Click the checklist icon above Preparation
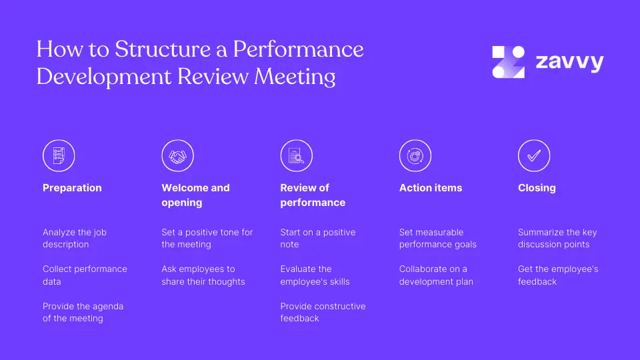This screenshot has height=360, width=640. coord(59,156)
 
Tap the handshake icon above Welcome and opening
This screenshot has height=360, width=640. coord(177,156)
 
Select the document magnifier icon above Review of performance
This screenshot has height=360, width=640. coord(296,156)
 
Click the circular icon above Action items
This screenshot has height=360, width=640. coord(415,156)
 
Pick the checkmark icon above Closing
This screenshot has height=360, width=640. coord(533,156)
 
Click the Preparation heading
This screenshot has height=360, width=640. coord(72,188)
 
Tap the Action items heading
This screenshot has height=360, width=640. coord(430,188)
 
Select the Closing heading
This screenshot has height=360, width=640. coord(537,188)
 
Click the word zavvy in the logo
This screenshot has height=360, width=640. coord(569,63)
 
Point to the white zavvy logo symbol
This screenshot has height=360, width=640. coord(508,62)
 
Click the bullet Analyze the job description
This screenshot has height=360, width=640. coord(74,238)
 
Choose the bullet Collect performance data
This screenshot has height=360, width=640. coord(85,275)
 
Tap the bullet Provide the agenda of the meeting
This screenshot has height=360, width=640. coord(83,312)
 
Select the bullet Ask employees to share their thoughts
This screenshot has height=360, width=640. coord(203,275)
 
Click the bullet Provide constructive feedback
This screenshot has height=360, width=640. coord(323,312)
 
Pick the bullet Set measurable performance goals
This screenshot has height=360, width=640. coord(437,238)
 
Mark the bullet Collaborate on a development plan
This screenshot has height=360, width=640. coord(435,275)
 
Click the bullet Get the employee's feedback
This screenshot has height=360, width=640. coord(557,275)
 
